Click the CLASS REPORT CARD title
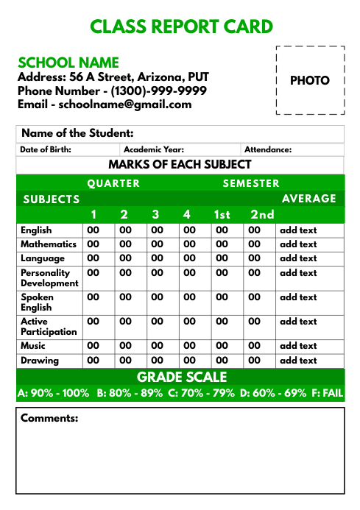click(x=181, y=27)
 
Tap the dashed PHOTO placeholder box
click(x=310, y=80)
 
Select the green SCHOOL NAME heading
click(x=68, y=63)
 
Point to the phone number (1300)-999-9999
click(x=158, y=91)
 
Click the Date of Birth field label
click(x=45, y=149)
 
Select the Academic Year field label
click(x=153, y=149)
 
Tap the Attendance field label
click(x=268, y=149)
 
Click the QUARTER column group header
click(x=113, y=183)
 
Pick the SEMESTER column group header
click(x=251, y=183)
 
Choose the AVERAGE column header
click(x=308, y=199)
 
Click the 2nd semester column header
click(x=262, y=215)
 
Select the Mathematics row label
click(x=49, y=244)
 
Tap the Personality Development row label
click(x=49, y=277)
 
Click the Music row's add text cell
click(x=298, y=346)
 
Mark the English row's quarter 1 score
click(x=93, y=230)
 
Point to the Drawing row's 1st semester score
click(x=222, y=361)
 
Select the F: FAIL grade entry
click(x=327, y=393)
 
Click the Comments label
click(x=49, y=419)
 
